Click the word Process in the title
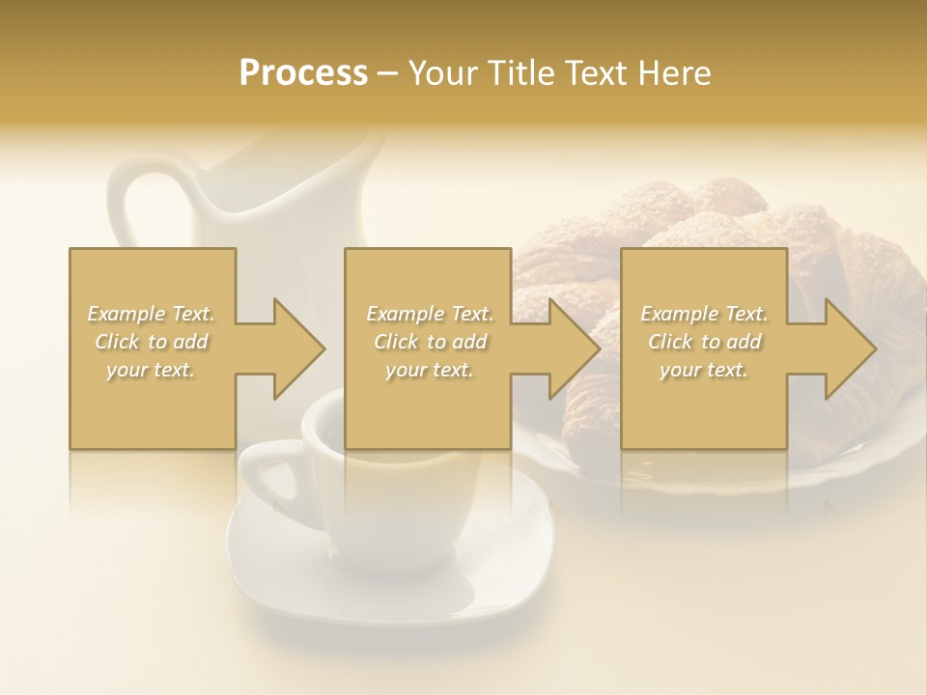click(x=303, y=72)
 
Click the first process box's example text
click(x=152, y=342)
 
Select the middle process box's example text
click(x=430, y=342)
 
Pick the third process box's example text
click(x=704, y=342)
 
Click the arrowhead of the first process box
click(x=298, y=348)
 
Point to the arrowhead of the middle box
click(x=574, y=348)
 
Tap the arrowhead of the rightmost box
click(x=850, y=348)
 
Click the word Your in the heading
click(x=440, y=72)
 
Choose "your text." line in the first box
click(x=152, y=369)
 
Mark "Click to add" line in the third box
click(x=704, y=342)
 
